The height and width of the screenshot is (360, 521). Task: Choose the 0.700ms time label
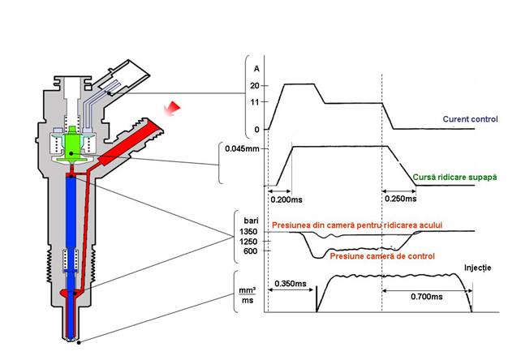point(428,298)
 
